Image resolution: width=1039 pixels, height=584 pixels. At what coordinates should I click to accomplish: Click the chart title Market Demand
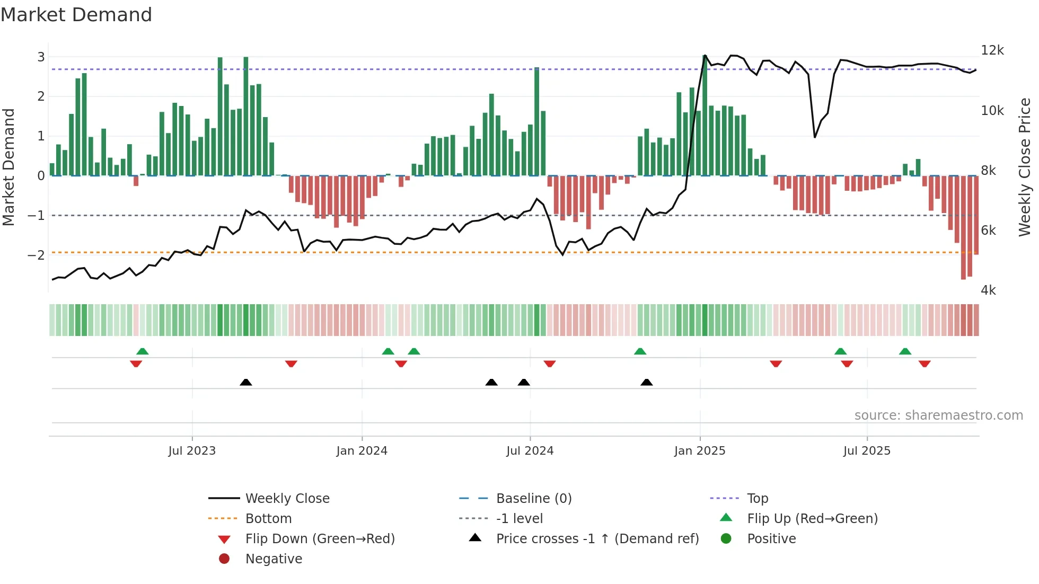(x=76, y=15)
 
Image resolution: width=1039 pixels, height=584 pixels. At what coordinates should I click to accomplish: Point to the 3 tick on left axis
(x=41, y=57)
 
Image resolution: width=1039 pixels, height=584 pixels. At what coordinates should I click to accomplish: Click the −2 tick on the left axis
(x=37, y=255)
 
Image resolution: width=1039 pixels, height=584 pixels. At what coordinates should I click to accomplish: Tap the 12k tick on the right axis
(x=992, y=50)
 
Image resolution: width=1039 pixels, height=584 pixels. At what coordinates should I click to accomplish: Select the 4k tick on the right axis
(x=988, y=290)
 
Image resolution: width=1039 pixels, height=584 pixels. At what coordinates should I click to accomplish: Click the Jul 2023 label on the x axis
(x=192, y=451)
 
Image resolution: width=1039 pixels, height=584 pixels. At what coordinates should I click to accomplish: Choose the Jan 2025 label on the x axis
(x=700, y=451)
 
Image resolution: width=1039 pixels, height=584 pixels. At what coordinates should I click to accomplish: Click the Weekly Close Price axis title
(x=1024, y=167)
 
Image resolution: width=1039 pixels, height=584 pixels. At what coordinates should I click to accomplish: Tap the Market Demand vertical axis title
(x=9, y=167)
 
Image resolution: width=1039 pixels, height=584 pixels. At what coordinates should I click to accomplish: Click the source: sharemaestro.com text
(x=938, y=415)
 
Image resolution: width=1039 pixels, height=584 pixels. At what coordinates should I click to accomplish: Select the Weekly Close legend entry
(x=287, y=499)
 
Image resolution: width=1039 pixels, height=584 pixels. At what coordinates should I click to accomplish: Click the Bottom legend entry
(x=268, y=519)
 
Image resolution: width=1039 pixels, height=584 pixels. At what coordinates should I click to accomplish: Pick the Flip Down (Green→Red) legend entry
(x=320, y=539)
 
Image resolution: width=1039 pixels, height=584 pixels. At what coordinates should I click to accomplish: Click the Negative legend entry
(x=274, y=559)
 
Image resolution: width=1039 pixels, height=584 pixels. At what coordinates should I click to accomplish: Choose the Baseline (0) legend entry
(x=533, y=499)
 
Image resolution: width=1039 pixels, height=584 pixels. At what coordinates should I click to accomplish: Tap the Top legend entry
(x=758, y=499)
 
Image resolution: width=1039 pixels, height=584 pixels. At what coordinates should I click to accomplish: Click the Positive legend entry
(x=771, y=539)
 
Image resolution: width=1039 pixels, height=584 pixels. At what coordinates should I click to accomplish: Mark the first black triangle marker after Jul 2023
(x=246, y=382)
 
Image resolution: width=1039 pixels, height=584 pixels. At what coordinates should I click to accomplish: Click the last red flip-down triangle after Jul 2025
(x=924, y=364)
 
